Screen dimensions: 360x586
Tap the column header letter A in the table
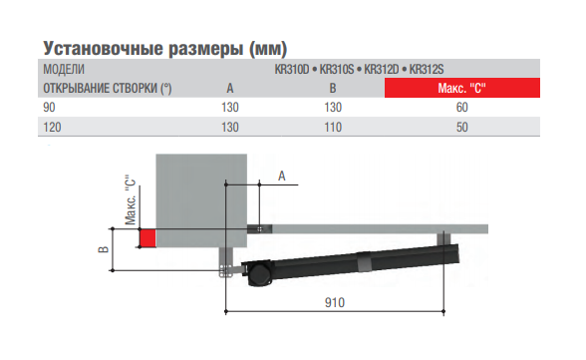(x=230, y=88)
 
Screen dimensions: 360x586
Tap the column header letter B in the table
(x=334, y=88)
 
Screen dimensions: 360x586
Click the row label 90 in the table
(x=48, y=107)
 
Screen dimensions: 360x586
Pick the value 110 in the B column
(x=334, y=127)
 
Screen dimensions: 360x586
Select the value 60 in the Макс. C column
(x=461, y=107)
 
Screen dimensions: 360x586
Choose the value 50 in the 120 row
(x=461, y=127)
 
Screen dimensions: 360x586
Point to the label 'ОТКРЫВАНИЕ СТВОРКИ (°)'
(x=107, y=88)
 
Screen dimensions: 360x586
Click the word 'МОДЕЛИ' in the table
(x=63, y=70)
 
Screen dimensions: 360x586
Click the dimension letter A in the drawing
(x=281, y=176)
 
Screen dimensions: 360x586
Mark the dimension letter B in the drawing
(x=102, y=250)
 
